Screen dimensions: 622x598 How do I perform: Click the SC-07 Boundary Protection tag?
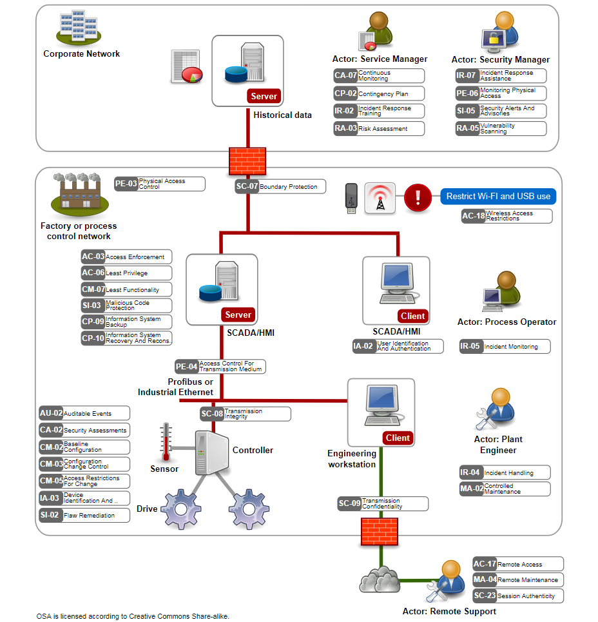pos(280,187)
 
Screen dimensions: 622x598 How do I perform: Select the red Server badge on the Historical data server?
pos(264,96)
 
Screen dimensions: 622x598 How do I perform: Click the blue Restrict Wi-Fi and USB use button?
pos(498,197)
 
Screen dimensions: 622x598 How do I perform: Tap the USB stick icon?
pos(350,197)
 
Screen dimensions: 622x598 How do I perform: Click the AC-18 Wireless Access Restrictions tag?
pos(506,217)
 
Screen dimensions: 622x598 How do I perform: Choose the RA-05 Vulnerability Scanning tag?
pos(500,128)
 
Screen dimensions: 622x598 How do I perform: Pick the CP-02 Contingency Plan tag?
pos(379,93)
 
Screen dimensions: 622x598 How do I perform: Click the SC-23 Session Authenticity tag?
pos(517,596)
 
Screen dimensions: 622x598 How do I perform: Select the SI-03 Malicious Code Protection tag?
pos(126,306)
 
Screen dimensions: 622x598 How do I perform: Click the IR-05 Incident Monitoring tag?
pos(505,347)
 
